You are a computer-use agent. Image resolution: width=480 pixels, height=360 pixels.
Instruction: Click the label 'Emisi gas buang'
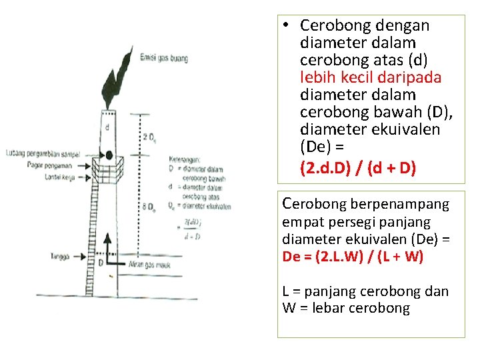click(163, 59)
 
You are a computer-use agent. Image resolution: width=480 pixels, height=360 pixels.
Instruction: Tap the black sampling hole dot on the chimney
click(109, 155)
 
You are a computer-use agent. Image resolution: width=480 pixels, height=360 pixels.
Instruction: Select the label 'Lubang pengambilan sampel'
click(41, 154)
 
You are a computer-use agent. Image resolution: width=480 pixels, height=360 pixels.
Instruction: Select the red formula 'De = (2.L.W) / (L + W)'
click(353, 257)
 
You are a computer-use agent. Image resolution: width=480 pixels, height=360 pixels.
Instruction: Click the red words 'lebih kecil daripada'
click(371, 77)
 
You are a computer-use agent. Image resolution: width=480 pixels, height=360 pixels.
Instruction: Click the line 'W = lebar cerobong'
click(346, 308)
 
